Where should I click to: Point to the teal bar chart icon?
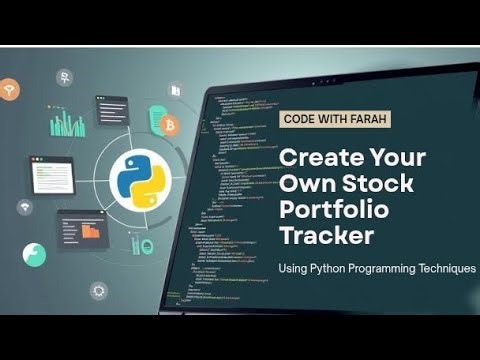[x=68, y=123]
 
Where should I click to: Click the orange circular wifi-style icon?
[x=9, y=91]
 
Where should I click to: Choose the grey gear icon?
[x=98, y=291]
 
